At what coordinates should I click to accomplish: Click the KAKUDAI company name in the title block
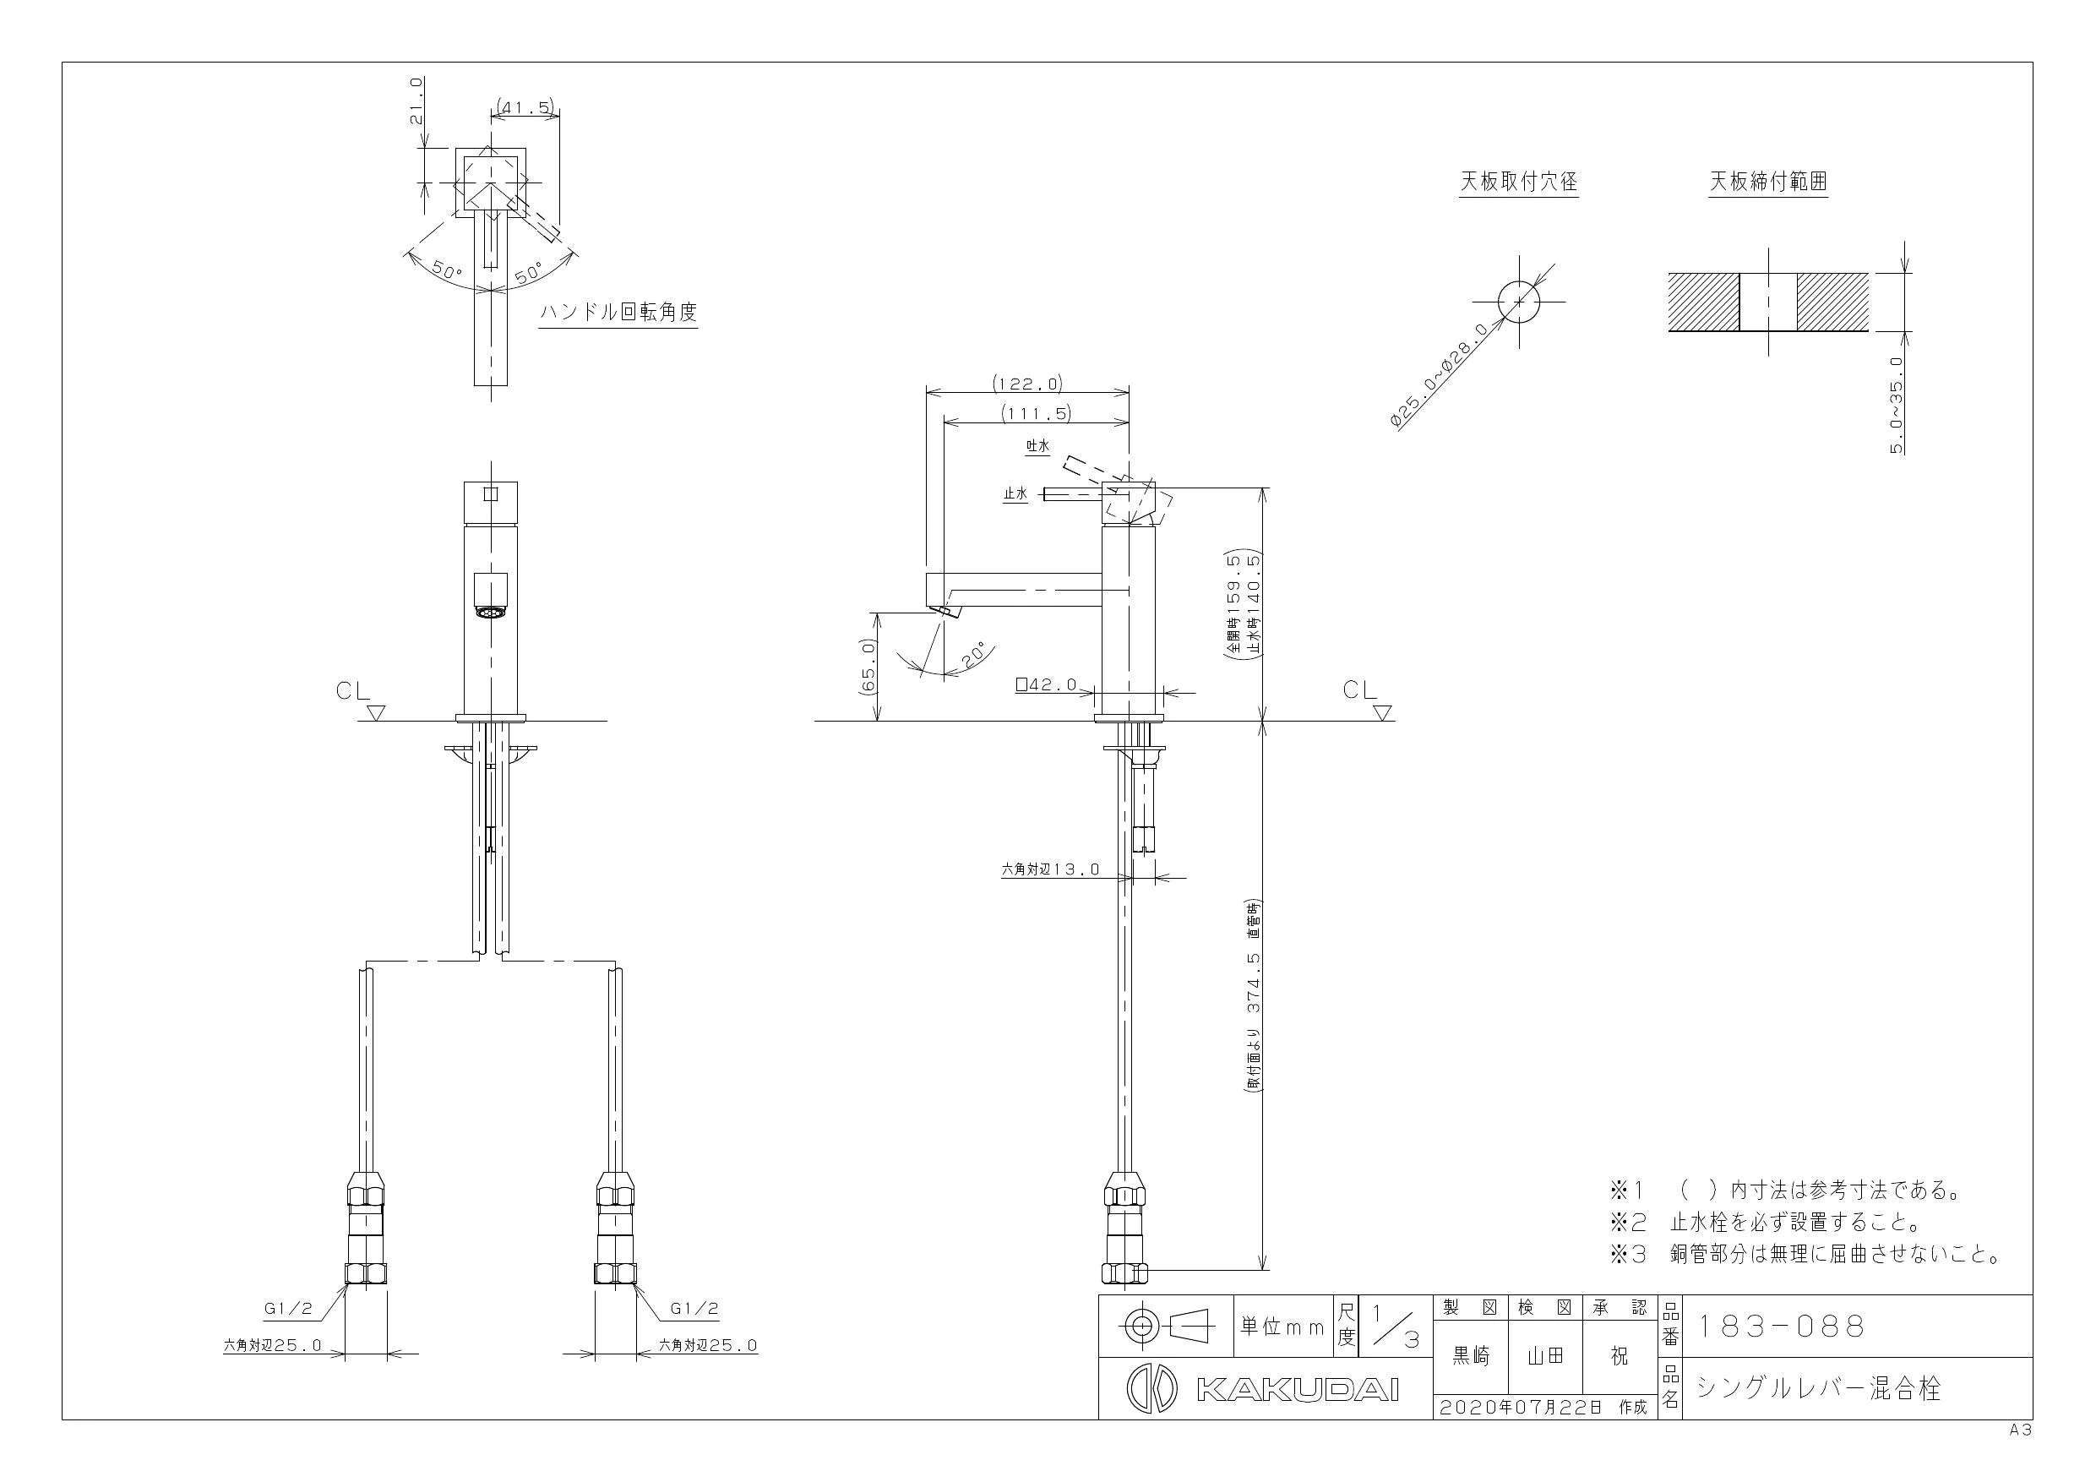(1297, 1389)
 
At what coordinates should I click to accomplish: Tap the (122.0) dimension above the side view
(1028, 384)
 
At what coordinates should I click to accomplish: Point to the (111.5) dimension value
(1036, 414)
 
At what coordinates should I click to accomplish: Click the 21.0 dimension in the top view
(416, 101)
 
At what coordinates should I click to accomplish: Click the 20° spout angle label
(974, 655)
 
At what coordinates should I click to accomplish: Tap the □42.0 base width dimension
(1046, 684)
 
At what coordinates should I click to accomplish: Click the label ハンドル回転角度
(618, 313)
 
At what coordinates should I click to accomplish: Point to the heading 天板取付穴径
(1518, 182)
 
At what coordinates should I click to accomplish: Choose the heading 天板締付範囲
(1768, 182)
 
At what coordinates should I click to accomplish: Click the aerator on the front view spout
(491, 612)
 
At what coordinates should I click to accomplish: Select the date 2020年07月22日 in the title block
(1521, 1407)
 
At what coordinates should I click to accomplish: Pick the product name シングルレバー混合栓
(1819, 1389)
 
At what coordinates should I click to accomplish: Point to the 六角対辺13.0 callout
(1051, 869)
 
